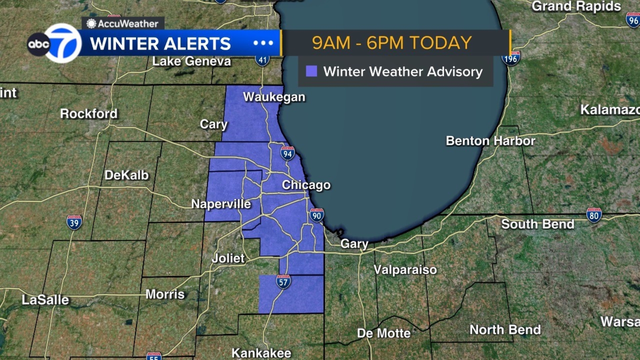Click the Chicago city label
tap(306, 185)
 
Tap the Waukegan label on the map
tap(274, 97)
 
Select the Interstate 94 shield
tap(287, 154)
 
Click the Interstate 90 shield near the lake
tap(316, 216)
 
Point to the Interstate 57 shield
tap(283, 282)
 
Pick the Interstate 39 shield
tap(74, 222)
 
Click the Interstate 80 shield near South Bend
tap(594, 216)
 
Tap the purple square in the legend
tap(311, 72)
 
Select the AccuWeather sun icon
tap(91, 24)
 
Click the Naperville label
tap(221, 204)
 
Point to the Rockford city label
tap(89, 114)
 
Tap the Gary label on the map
tap(354, 244)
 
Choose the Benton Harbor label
tap(490, 141)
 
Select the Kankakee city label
tap(261, 353)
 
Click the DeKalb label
tap(126, 175)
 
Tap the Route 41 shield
tap(262, 60)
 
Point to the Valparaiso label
tap(405, 270)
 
